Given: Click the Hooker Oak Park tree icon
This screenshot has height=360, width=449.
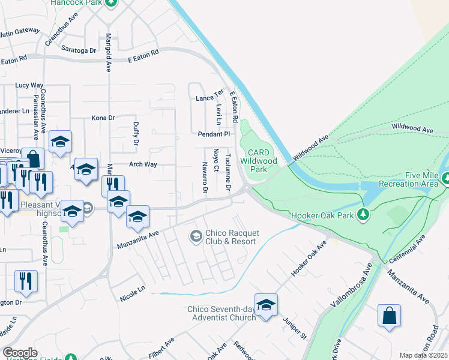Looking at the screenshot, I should pyautogui.click(x=363, y=214).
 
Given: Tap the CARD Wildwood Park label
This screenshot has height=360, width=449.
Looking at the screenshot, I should pyautogui.click(x=258, y=157).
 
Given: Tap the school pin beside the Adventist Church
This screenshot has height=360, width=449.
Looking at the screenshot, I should pyautogui.click(x=265, y=305).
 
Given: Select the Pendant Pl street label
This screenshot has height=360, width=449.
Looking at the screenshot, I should pyautogui.click(x=214, y=134).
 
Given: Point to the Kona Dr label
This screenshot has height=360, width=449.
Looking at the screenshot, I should pyautogui.click(x=103, y=118).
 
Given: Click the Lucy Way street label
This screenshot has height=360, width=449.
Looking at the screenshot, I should pyautogui.click(x=29, y=85).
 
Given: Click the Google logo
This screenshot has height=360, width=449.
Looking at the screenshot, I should pyautogui.click(x=20, y=352).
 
